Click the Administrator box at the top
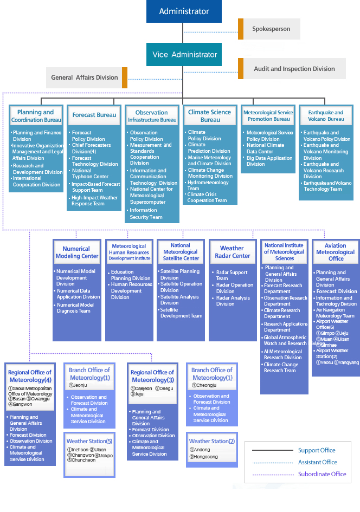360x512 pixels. tap(184, 11)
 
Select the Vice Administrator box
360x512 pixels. tap(184, 55)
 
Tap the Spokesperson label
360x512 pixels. tap(271, 29)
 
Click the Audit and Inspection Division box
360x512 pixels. tap(294, 69)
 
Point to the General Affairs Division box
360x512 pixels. tap(85, 77)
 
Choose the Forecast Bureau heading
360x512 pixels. tap(94, 115)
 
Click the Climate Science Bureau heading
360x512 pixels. tap(210, 115)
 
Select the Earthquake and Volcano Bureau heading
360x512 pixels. tap(325, 115)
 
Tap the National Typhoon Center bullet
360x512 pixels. tap(90, 173)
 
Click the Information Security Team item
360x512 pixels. tap(146, 213)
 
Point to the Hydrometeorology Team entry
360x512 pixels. tap(208, 185)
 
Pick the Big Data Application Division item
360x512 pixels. tap(269, 161)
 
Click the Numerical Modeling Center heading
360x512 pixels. tap(76, 252)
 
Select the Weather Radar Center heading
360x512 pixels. tap(232, 252)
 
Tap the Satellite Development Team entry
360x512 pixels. tap(181, 313)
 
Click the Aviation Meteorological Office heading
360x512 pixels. tap(336, 252)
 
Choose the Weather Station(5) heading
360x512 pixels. tap(89, 441)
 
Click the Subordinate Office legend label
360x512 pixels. tap(322, 474)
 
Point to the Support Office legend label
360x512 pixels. tap(317, 450)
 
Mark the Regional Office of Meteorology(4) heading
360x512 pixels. tap(30, 376)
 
